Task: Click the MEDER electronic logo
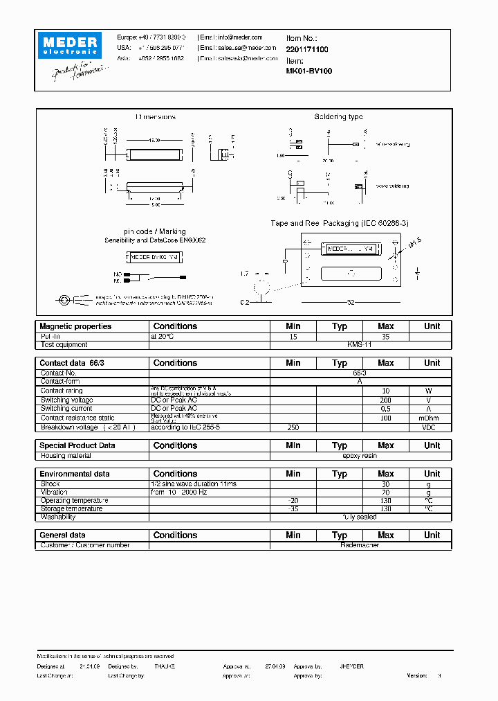coord(70,46)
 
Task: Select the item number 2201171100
coord(307,49)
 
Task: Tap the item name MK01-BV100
coord(308,71)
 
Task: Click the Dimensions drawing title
coord(156,117)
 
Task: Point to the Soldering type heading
coord(338,117)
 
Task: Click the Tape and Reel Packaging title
coord(340,223)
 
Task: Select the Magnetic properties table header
coord(75,326)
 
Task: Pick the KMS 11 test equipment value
coord(360,344)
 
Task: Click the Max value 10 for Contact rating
coord(385,391)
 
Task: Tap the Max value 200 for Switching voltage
coord(385,400)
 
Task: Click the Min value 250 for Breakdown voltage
coord(293,427)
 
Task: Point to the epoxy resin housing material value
coord(360,456)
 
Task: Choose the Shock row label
coord(50,483)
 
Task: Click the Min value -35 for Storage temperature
coord(293,508)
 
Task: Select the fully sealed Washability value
coord(360,517)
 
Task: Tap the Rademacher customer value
coord(360,545)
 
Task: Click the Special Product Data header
coord(77,445)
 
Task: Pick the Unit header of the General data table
coord(432,535)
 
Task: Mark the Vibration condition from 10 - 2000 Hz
coord(178,492)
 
